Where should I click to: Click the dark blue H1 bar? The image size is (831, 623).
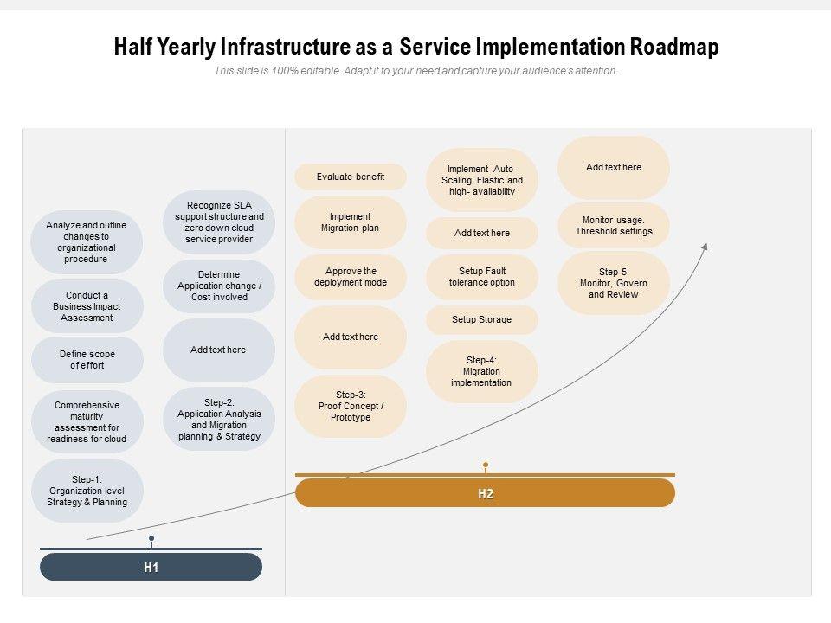[151, 568]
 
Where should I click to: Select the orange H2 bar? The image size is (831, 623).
[485, 494]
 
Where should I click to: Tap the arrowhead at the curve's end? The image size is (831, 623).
[705, 247]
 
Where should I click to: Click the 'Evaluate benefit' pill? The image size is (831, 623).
[351, 177]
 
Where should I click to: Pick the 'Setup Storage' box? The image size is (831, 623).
[481, 319]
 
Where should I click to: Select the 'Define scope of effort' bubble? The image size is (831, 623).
[87, 360]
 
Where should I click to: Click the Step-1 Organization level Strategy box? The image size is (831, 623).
[87, 491]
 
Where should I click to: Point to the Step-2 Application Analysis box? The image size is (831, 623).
[219, 420]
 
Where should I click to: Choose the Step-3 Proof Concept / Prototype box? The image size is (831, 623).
[351, 406]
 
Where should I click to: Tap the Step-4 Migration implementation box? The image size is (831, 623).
[481, 371]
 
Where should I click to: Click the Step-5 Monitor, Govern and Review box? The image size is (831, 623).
[613, 283]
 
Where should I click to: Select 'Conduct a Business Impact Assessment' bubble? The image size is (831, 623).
[87, 306]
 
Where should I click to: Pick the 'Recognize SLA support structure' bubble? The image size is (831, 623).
[219, 222]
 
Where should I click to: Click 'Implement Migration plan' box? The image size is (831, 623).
[351, 222]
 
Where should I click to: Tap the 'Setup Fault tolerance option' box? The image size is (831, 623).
[481, 277]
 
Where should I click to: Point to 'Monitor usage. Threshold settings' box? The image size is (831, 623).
[613, 226]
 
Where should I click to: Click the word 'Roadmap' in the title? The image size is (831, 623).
[673, 48]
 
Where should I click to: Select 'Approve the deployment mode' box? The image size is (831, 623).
[351, 277]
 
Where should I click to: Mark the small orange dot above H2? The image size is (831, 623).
[486, 466]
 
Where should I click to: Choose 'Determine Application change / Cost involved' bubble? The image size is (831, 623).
[219, 286]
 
